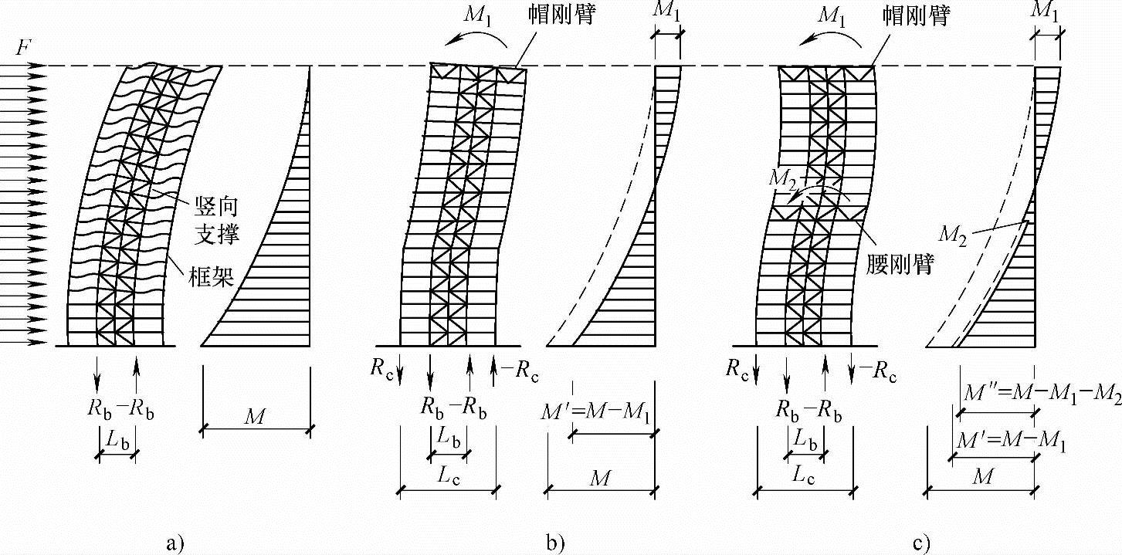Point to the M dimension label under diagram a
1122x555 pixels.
(x=256, y=418)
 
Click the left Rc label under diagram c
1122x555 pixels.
(x=737, y=367)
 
